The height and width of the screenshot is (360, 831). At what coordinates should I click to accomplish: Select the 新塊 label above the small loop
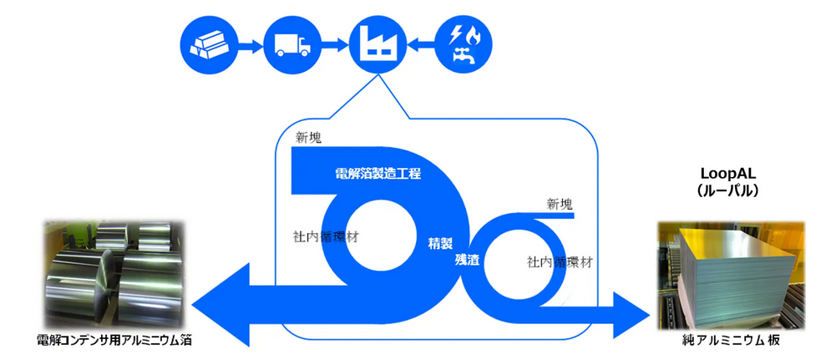coord(560,203)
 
